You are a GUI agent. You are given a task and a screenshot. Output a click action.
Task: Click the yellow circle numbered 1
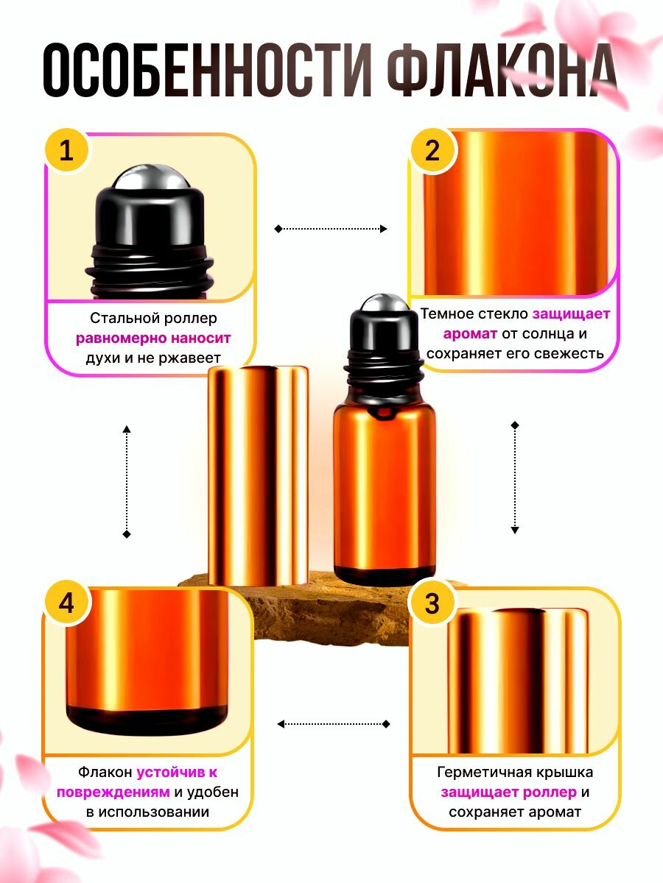coord(67,152)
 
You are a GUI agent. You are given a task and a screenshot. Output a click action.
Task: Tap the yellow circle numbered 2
coord(432,152)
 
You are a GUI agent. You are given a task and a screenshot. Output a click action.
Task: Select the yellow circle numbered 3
coord(432,603)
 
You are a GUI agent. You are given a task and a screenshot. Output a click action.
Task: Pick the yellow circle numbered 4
coord(67,603)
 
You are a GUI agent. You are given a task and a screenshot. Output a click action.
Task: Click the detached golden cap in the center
coord(258,475)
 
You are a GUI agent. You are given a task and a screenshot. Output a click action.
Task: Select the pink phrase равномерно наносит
coord(153,338)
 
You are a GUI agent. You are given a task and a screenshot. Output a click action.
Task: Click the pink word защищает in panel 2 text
coord(572,313)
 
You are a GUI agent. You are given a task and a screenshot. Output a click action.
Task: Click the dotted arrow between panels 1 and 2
coord(331,229)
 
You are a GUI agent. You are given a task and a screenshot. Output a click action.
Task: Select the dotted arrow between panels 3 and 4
coord(334,724)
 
